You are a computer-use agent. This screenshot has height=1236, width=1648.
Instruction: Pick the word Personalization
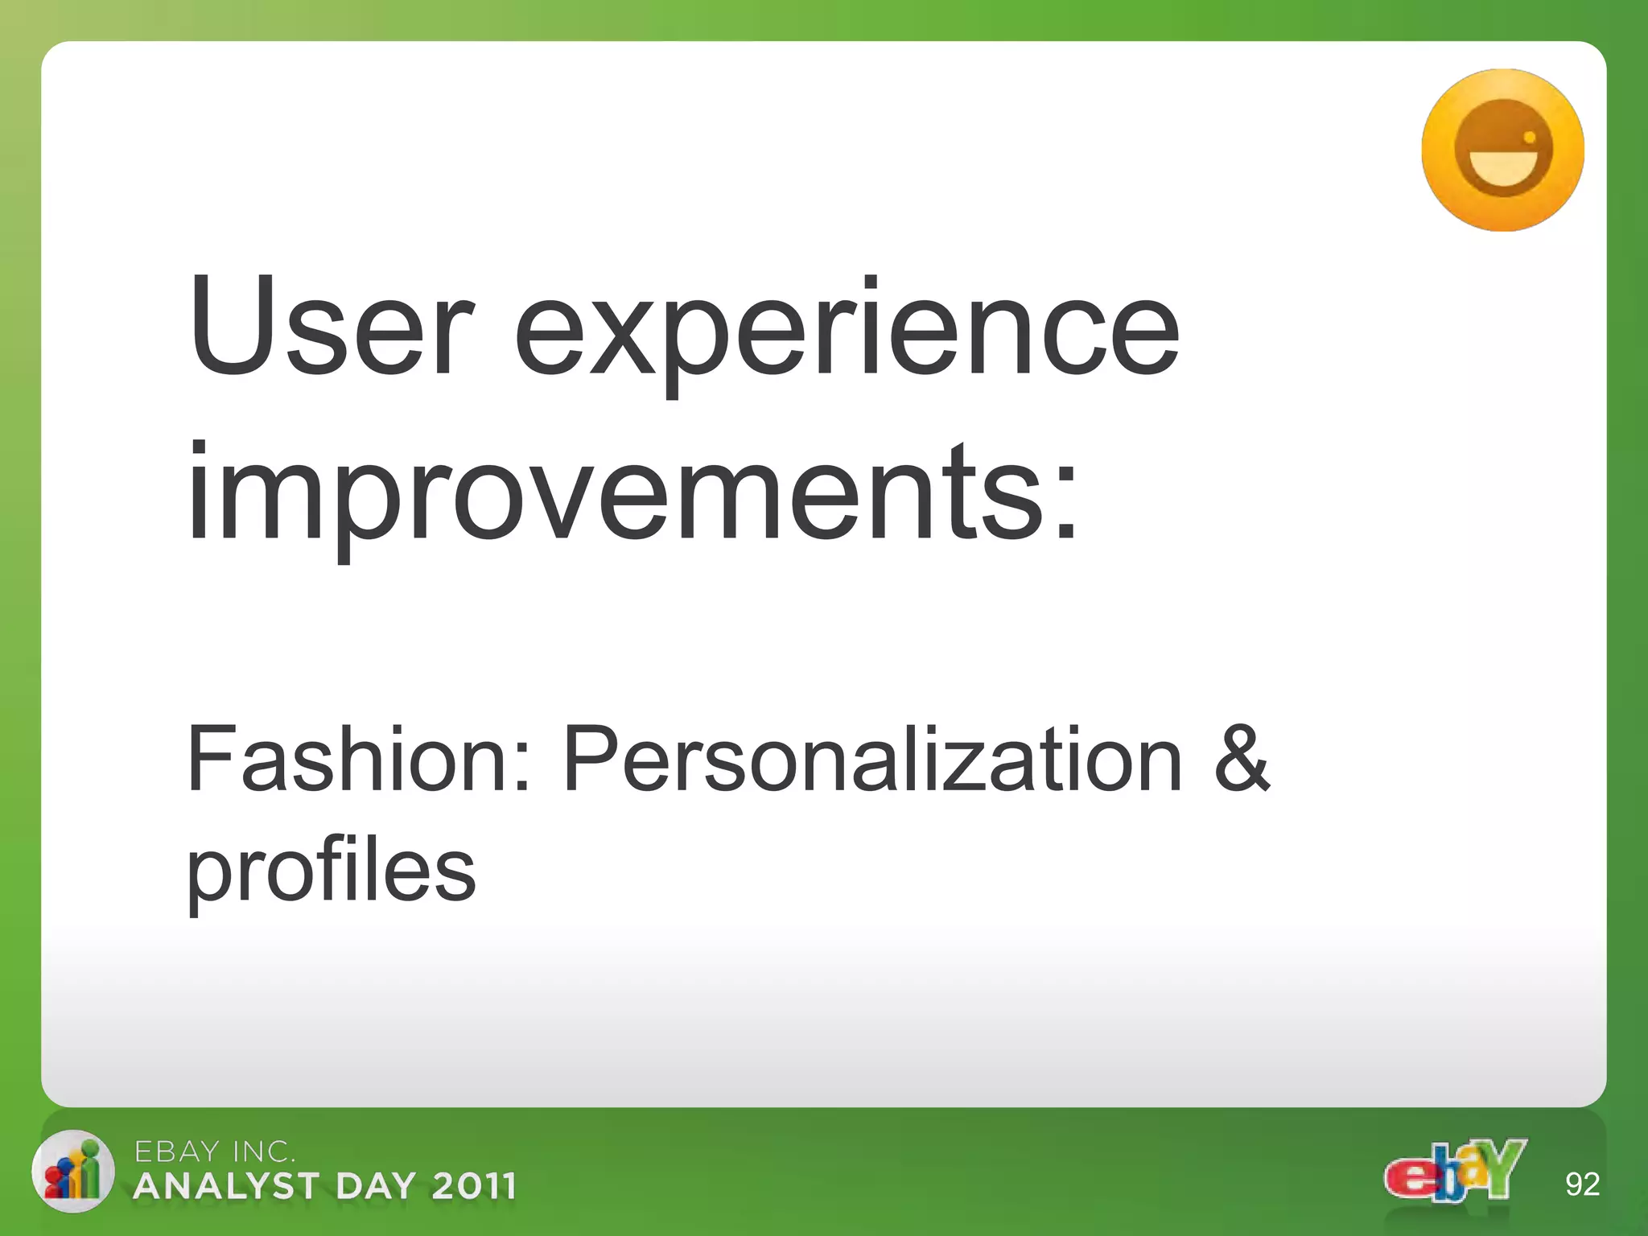click(873, 760)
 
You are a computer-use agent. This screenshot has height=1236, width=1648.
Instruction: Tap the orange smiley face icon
click(1502, 150)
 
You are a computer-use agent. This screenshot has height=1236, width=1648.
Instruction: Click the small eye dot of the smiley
click(1530, 138)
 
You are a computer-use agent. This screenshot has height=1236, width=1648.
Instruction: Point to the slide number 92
click(1582, 1184)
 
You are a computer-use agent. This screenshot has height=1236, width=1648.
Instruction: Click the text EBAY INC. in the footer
click(214, 1152)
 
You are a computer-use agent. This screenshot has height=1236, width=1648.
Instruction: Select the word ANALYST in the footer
click(227, 1187)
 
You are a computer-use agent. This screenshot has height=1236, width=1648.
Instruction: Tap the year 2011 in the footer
click(473, 1187)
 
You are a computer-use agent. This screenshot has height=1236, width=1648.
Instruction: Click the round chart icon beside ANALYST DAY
click(72, 1171)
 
